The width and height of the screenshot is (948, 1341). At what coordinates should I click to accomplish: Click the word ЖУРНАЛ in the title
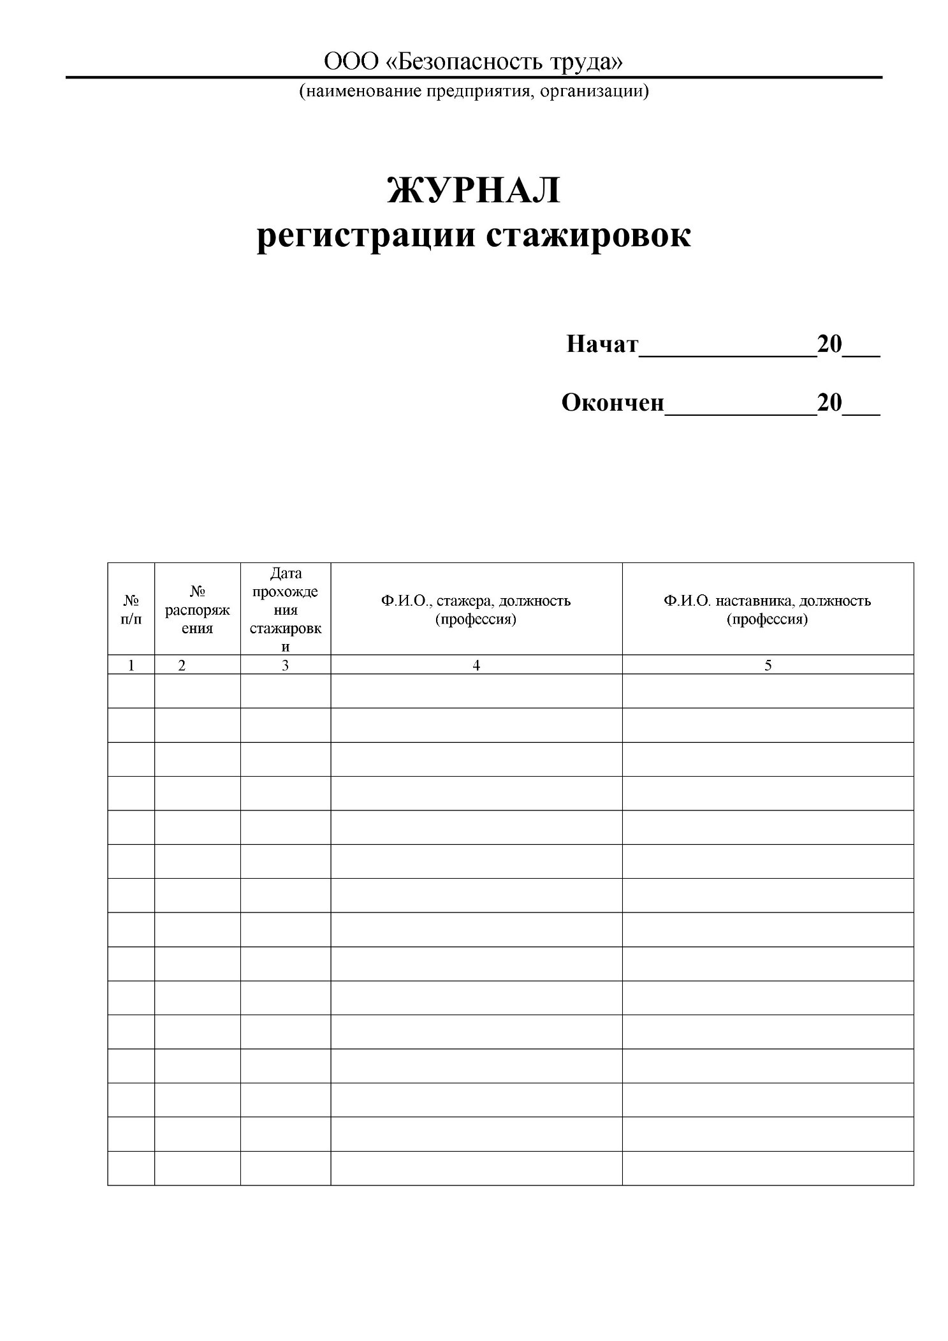(x=473, y=190)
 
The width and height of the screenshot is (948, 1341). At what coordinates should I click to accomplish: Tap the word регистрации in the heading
(x=366, y=236)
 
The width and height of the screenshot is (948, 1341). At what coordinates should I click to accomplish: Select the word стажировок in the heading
(x=588, y=236)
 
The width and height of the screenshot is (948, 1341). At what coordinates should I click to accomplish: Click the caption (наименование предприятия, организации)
(x=474, y=91)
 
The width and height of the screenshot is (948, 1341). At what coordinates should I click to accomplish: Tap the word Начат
(x=602, y=344)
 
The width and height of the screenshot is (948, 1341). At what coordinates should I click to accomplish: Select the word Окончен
(x=612, y=403)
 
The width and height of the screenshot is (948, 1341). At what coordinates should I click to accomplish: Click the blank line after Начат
(x=727, y=352)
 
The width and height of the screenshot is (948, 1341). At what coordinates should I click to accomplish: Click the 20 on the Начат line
(x=829, y=344)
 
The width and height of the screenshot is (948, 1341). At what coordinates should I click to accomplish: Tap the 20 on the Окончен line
(x=829, y=403)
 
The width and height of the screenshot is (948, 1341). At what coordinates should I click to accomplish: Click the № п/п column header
(x=131, y=609)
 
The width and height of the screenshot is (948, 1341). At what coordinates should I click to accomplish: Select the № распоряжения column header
(x=197, y=610)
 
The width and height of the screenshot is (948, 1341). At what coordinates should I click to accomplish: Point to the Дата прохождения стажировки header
(x=285, y=610)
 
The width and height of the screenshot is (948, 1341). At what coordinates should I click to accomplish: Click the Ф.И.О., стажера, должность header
(x=476, y=610)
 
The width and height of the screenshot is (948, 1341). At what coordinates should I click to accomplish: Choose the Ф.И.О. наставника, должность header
(x=767, y=610)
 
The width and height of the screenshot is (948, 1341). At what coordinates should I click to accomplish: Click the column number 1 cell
(x=131, y=665)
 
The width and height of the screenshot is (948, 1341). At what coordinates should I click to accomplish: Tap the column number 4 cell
(x=476, y=665)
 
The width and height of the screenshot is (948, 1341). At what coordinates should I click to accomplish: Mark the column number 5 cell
(x=768, y=665)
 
